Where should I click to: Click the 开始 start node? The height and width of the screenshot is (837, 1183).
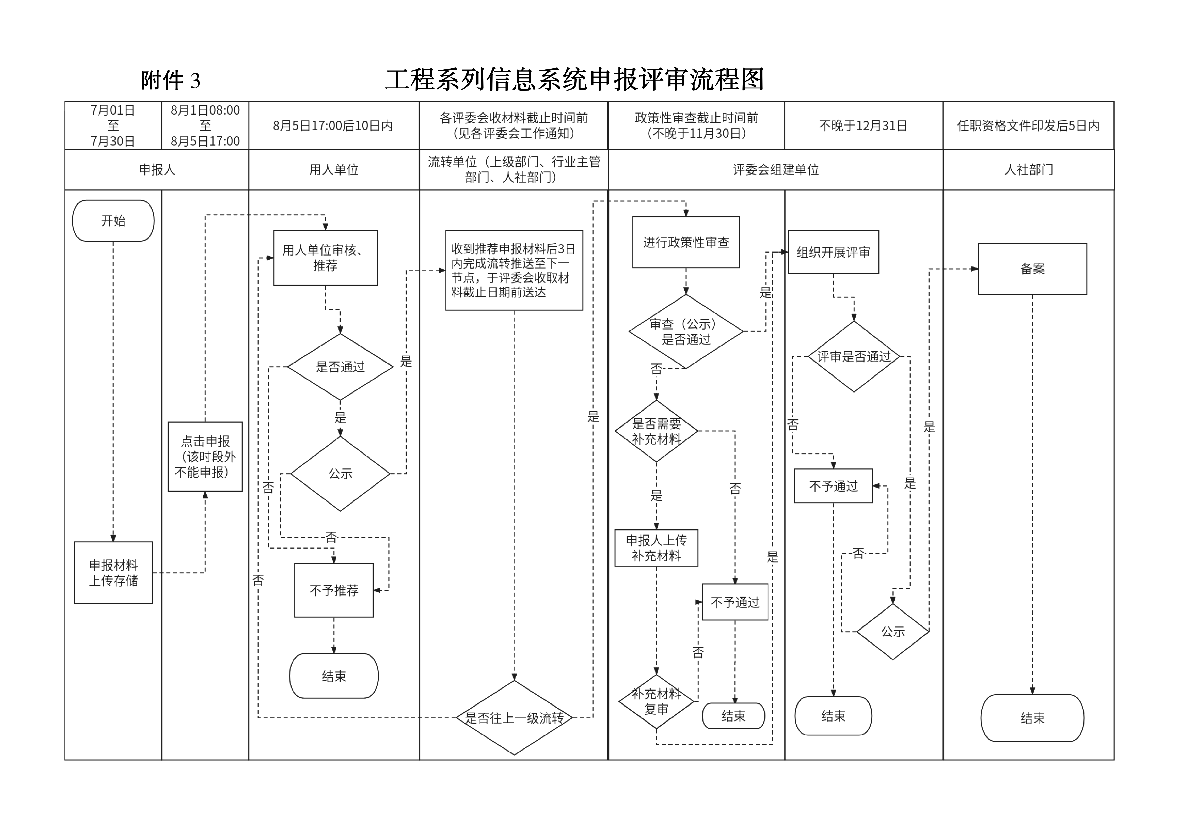click(x=113, y=221)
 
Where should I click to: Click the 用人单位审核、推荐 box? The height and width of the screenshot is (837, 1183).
click(x=325, y=258)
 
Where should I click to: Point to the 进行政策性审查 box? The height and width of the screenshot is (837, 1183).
click(x=686, y=242)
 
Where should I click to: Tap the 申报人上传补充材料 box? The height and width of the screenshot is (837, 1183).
click(x=656, y=548)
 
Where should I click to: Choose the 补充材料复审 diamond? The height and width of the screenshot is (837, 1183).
click(x=656, y=701)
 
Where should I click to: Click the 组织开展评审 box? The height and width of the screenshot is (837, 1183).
click(x=833, y=252)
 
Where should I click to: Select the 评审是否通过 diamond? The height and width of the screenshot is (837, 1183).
click(x=854, y=356)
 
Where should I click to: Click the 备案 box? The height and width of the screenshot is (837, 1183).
click(x=1032, y=269)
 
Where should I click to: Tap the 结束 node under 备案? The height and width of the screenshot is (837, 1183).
click(x=1032, y=718)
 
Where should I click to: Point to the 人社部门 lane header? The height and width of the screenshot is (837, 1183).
click(x=1028, y=170)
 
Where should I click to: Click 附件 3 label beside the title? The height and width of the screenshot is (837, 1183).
click(x=171, y=81)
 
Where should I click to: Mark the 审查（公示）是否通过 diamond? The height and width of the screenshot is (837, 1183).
click(x=686, y=332)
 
